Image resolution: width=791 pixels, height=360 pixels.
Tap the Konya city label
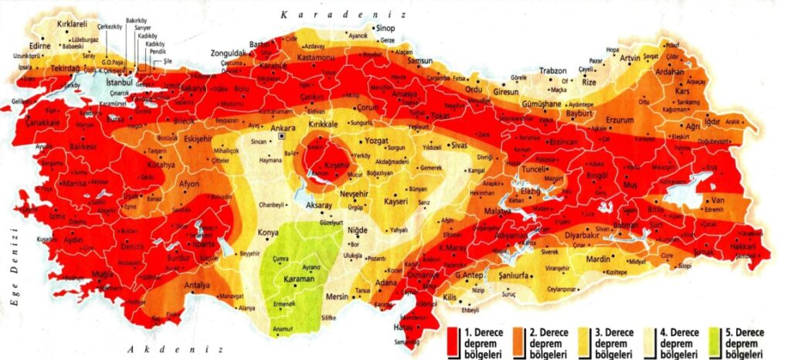[268, 233]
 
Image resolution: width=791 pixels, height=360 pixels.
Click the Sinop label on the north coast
[385, 29]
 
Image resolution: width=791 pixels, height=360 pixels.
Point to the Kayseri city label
[401, 202]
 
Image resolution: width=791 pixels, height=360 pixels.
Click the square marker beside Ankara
[283, 136]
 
